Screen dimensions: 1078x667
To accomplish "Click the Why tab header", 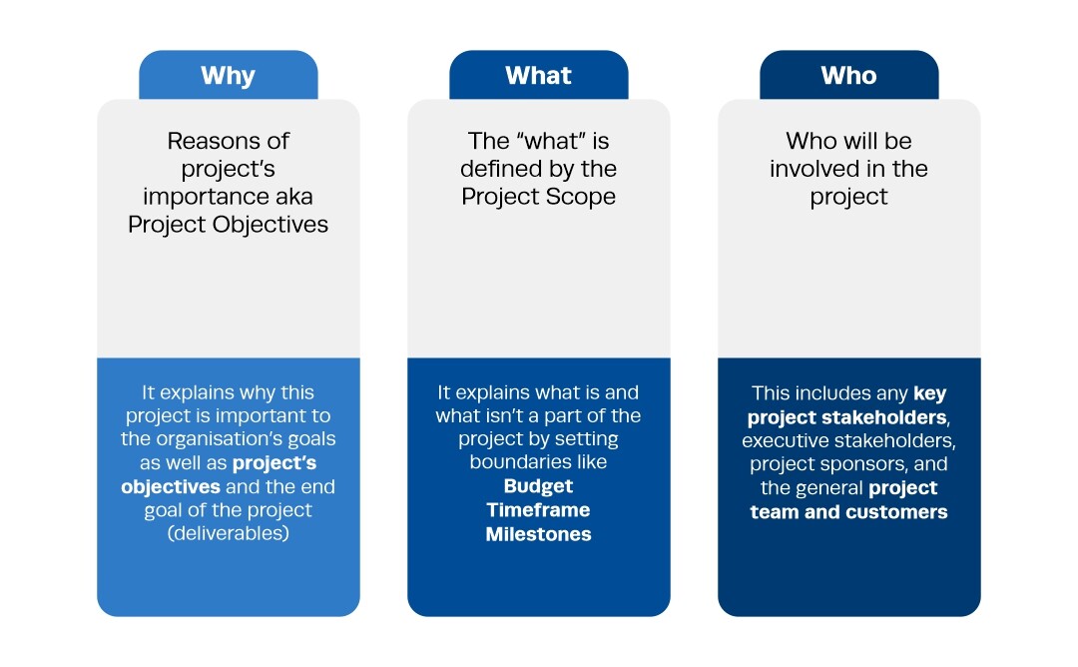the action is [x=229, y=75].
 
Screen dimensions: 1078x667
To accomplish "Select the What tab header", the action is [x=538, y=75].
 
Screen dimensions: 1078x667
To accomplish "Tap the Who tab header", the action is [x=849, y=75].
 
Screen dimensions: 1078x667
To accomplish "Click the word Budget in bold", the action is [x=538, y=486].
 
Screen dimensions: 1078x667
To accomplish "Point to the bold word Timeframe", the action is [x=538, y=510].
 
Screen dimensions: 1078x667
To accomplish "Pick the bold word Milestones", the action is [x=538, y=534].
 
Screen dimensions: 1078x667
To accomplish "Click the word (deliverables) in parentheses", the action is [x=229, y=533].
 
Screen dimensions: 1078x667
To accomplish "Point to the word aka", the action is [x=294, y=197].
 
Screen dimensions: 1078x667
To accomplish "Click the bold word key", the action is [x=930, y=394].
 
